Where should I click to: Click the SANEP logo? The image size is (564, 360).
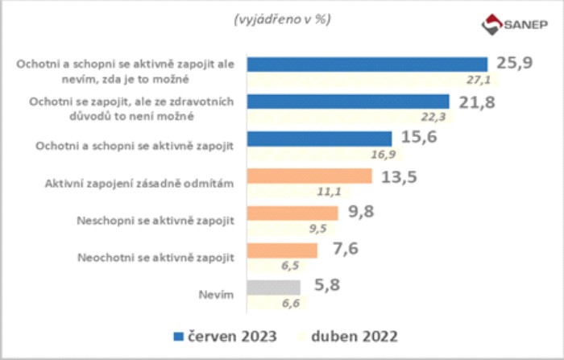pyautogui.click(x=512, y=24)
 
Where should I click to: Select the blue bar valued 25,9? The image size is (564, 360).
pyautogui.click(x=367, y=64)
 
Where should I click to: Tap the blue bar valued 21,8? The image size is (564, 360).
pyautogui.click(x=347, y=101)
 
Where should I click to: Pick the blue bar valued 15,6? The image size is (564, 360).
pyautogui.click(x=319, y=139)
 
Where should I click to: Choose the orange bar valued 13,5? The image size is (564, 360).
pyautogui.click(x=309, y=176)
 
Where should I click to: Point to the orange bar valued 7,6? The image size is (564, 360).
pyautogui.click(x=283, y=250)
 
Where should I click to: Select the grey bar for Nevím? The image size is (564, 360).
pyautogui.click(x=274, y=287)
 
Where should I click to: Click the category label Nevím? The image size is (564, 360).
pyautogui.click(x=218, y=296)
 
